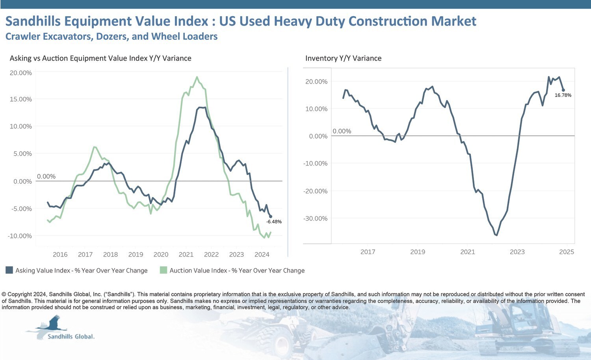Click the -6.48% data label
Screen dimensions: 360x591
pyautogui.click(x=274, y=222)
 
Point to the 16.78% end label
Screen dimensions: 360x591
pyautogui.click(x=563, y=95)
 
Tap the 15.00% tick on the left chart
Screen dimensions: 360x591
pyautogui.click(x=20, y=99)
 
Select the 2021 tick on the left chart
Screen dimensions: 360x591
pyautogui.click(x=186, y=254)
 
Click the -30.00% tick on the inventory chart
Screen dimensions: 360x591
pyautogui.click(x=315, y=219)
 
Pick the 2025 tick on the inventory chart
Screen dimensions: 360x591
pyautogui.click(x=567, y=252)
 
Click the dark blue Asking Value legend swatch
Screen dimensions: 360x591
pyautogui.click(x=9, y=270)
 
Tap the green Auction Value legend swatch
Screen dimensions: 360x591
pyautogui.click(x=164, y=270)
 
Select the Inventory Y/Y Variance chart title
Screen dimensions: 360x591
pyautogui.click(x=343, y=58)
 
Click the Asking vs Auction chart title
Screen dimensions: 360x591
pyautogui.click(x=100, y=58)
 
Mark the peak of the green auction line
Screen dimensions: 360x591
pyautogui.click(x=197, y=77)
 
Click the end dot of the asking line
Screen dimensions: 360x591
pyautogui.click(x=270, y=216)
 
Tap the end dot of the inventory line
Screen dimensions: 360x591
pyautogui.click(x=563, y=90)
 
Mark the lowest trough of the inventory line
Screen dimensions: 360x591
pyautogui.click(x=496, y=235)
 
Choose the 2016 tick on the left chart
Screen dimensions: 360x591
pyautogui.click(x=60, y=254)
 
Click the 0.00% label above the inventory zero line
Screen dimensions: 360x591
pyautogui.click(x=342, y=131)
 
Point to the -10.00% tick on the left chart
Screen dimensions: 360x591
pyautogui.click(x=20, y=236)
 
